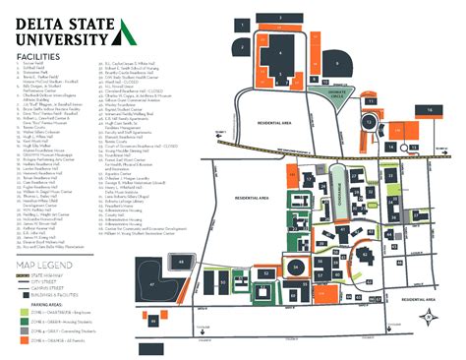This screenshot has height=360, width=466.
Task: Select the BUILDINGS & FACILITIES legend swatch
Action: [x=24, y=294]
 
